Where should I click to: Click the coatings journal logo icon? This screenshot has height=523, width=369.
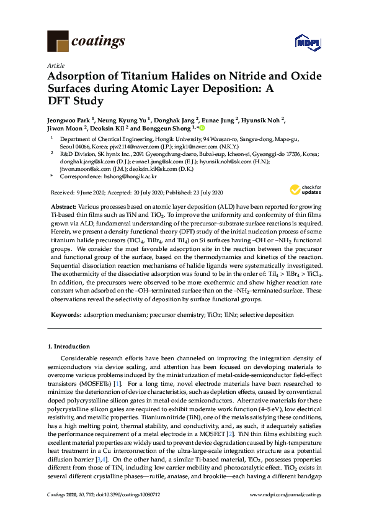click(x=58, y=42)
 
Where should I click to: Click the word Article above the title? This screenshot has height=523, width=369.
click(x=55, y=65)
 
